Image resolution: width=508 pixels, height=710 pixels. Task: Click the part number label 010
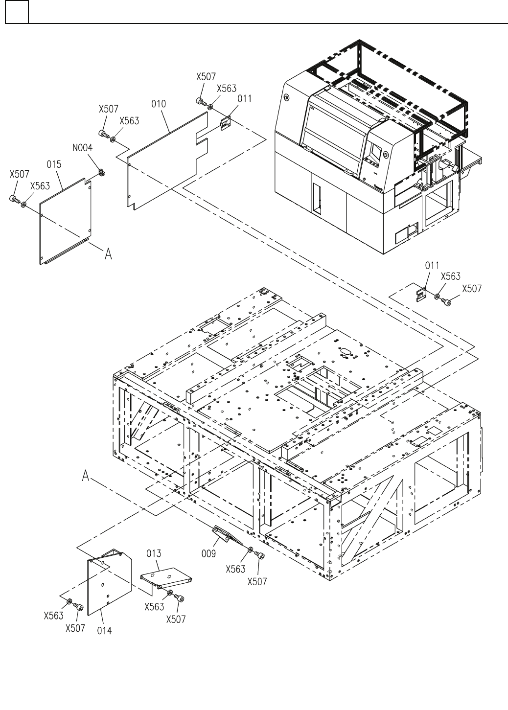(x=159, y=104)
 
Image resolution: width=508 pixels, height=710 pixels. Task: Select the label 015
(x=54, y=165)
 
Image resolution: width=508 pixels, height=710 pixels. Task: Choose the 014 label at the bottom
(x=104, y=631)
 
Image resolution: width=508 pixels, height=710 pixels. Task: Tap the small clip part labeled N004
(x=102, y=172)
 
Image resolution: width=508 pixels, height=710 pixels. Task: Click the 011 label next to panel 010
(x=245, y=99)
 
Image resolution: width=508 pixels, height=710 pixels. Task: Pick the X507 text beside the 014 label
(x=75, y=628)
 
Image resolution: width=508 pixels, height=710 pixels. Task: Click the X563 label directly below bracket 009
(x=236, y=569)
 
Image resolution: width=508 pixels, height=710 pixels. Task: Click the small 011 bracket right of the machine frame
(x=420, y=295)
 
